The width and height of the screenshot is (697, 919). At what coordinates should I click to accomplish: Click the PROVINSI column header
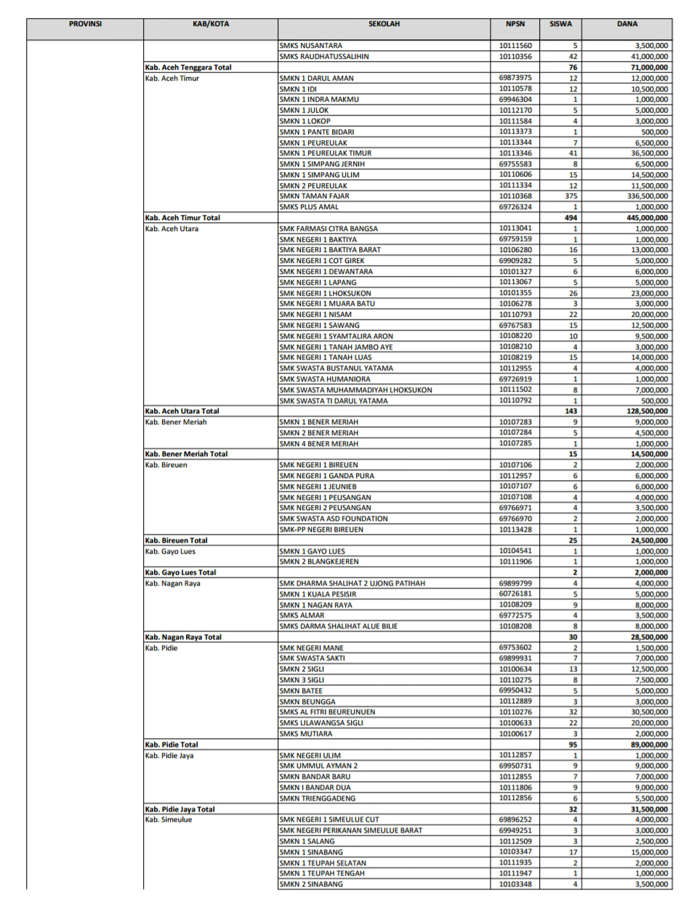point(85,24)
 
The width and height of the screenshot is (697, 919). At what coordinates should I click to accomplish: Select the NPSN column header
point(515,24)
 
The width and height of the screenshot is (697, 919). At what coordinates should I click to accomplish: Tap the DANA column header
point(627,24)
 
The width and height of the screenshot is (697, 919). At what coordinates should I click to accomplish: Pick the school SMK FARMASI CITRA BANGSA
point(329,229)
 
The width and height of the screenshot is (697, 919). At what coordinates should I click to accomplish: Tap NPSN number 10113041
point(515,228)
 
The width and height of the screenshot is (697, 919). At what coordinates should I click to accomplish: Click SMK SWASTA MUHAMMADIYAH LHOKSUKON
point(355,390)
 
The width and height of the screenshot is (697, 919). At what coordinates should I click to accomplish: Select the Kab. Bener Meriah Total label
point(186,454)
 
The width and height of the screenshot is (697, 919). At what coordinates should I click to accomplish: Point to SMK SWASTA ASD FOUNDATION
point(334,519)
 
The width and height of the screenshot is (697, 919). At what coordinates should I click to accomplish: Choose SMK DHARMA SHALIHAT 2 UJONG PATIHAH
point(352,583)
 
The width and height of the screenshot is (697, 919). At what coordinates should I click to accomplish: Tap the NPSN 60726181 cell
point(515,594)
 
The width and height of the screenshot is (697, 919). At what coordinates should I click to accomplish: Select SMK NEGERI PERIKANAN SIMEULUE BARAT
point(350,830)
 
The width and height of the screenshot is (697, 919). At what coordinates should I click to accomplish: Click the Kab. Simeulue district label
point(169,819)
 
